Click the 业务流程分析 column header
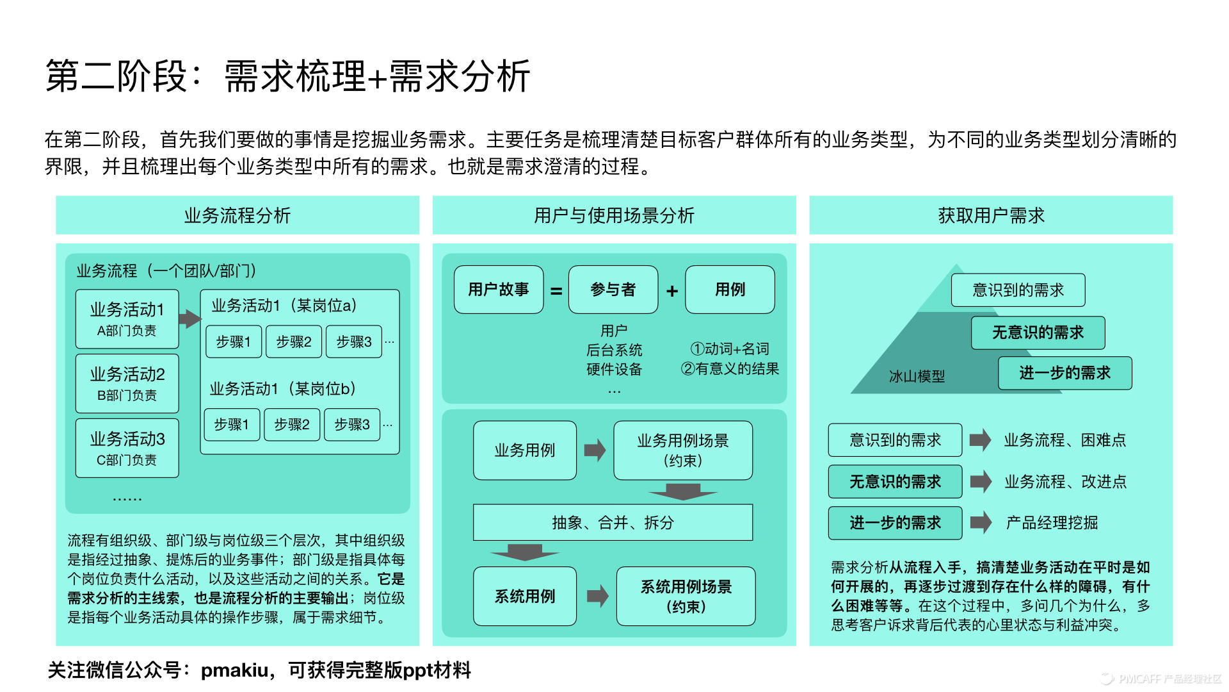coord(237,215)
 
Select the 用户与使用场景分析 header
coord(614,215)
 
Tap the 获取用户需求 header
coord(991,215)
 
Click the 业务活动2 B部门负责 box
coord(127,383)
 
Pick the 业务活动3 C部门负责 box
coord(127,448)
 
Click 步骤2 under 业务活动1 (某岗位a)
coord(294,342)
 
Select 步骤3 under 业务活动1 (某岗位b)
coord(352,424)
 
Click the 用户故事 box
coord(499,290)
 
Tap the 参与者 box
coord(613,290)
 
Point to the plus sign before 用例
coord(672,292)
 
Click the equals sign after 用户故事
coord(556,292)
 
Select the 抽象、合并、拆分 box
coord(613,522)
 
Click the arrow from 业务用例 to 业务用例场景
coord(595,450)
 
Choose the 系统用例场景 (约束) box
coord(686,596)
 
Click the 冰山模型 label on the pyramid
coord(917,377)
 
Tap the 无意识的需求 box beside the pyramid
coord(1038,333)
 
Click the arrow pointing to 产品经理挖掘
coord(980,522)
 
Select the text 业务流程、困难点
coord(1064,440)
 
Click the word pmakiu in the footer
coord(234,670)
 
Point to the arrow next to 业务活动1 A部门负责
coord(189,318)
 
